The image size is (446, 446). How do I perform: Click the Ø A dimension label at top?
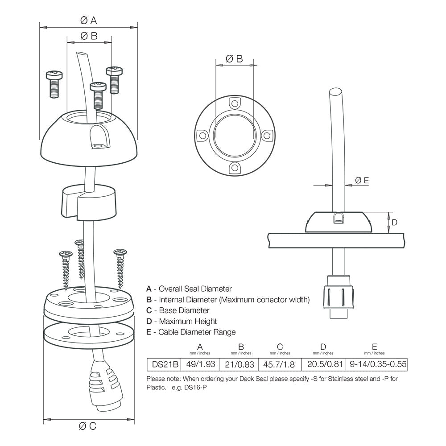(88, 20)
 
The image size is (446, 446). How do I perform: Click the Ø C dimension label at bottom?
(87, 426)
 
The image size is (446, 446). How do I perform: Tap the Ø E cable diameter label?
(362, 180)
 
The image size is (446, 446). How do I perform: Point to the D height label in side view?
(394, 222)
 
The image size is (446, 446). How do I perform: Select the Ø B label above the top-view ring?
(234, 58)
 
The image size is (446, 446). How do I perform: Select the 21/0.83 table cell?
(240, 364)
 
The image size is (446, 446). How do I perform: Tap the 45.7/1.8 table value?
(280, 364)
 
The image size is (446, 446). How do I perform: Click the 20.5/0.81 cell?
(323, 364)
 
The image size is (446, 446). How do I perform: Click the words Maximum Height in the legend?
(188, 321)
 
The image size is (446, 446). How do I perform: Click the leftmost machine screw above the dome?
(53, 83)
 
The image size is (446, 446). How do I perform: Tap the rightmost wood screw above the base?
(120, 268)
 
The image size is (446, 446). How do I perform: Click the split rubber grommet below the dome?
(88, 201)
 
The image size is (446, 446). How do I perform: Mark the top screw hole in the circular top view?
(234, 103)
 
